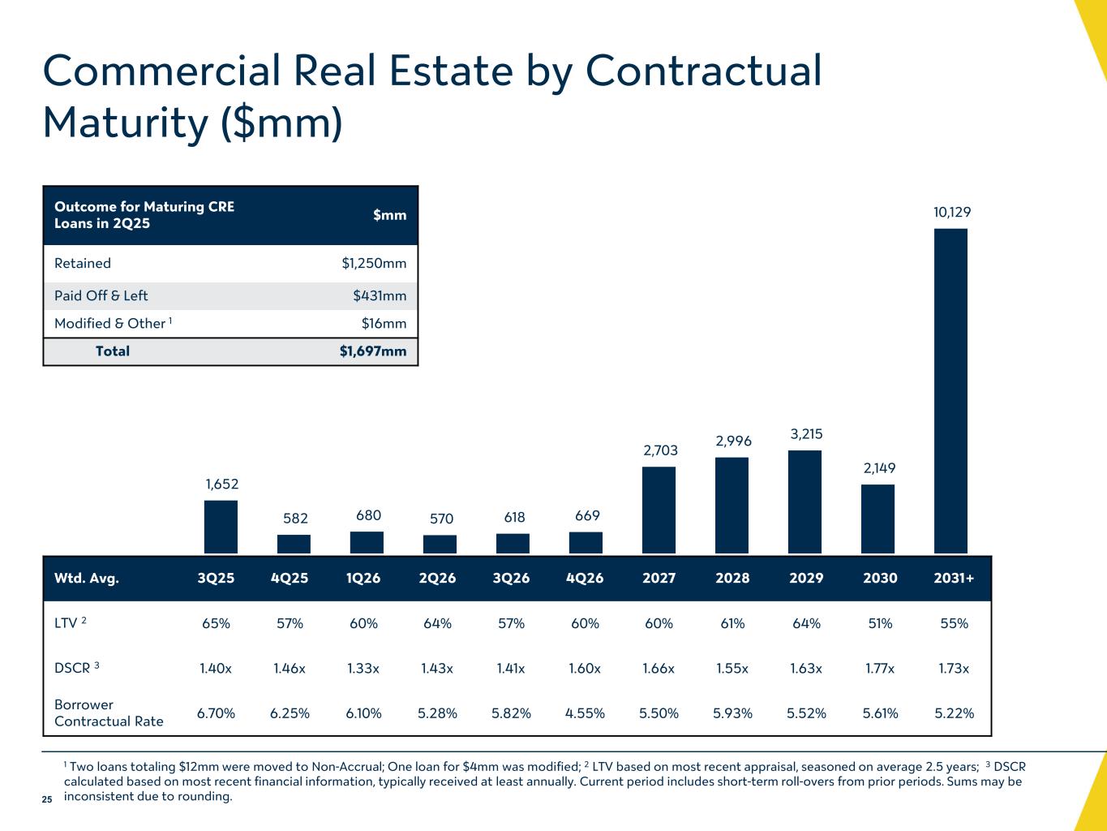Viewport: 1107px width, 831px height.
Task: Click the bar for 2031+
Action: click(x=950, y=391)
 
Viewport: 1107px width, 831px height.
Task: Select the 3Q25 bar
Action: click(x=221, y=527)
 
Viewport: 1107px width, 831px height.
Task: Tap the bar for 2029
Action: click(x=805, y=502)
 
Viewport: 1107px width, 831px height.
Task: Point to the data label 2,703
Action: click(x=660, y=450)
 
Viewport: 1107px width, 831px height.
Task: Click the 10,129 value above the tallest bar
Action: click(x=952, y=213)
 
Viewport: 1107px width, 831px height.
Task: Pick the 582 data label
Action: click(x=294, y=518)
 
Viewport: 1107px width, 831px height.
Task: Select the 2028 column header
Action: click(x=732, y=579)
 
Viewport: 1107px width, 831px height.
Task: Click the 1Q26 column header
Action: click(x=363, y=579)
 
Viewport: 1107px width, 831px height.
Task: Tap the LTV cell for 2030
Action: click(x=880, y=623)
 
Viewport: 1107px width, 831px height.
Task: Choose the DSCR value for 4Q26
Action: click(x=585, y=669)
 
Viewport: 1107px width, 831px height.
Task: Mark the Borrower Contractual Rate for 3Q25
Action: click(x=217, y=713)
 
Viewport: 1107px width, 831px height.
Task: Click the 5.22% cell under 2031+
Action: click(x=954, y=713)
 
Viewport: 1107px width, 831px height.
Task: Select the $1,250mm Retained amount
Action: click(x=374, y=263)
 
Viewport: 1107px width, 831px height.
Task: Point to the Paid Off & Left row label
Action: click(x=101, y=295)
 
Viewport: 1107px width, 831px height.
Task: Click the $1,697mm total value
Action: click(x=373, y=351)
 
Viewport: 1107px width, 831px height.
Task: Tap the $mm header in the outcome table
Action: click(x=389, y=214)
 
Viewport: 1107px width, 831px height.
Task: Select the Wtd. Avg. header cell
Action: click(x=86, y=579)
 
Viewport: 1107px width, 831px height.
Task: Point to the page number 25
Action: click(x=47, y=800)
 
